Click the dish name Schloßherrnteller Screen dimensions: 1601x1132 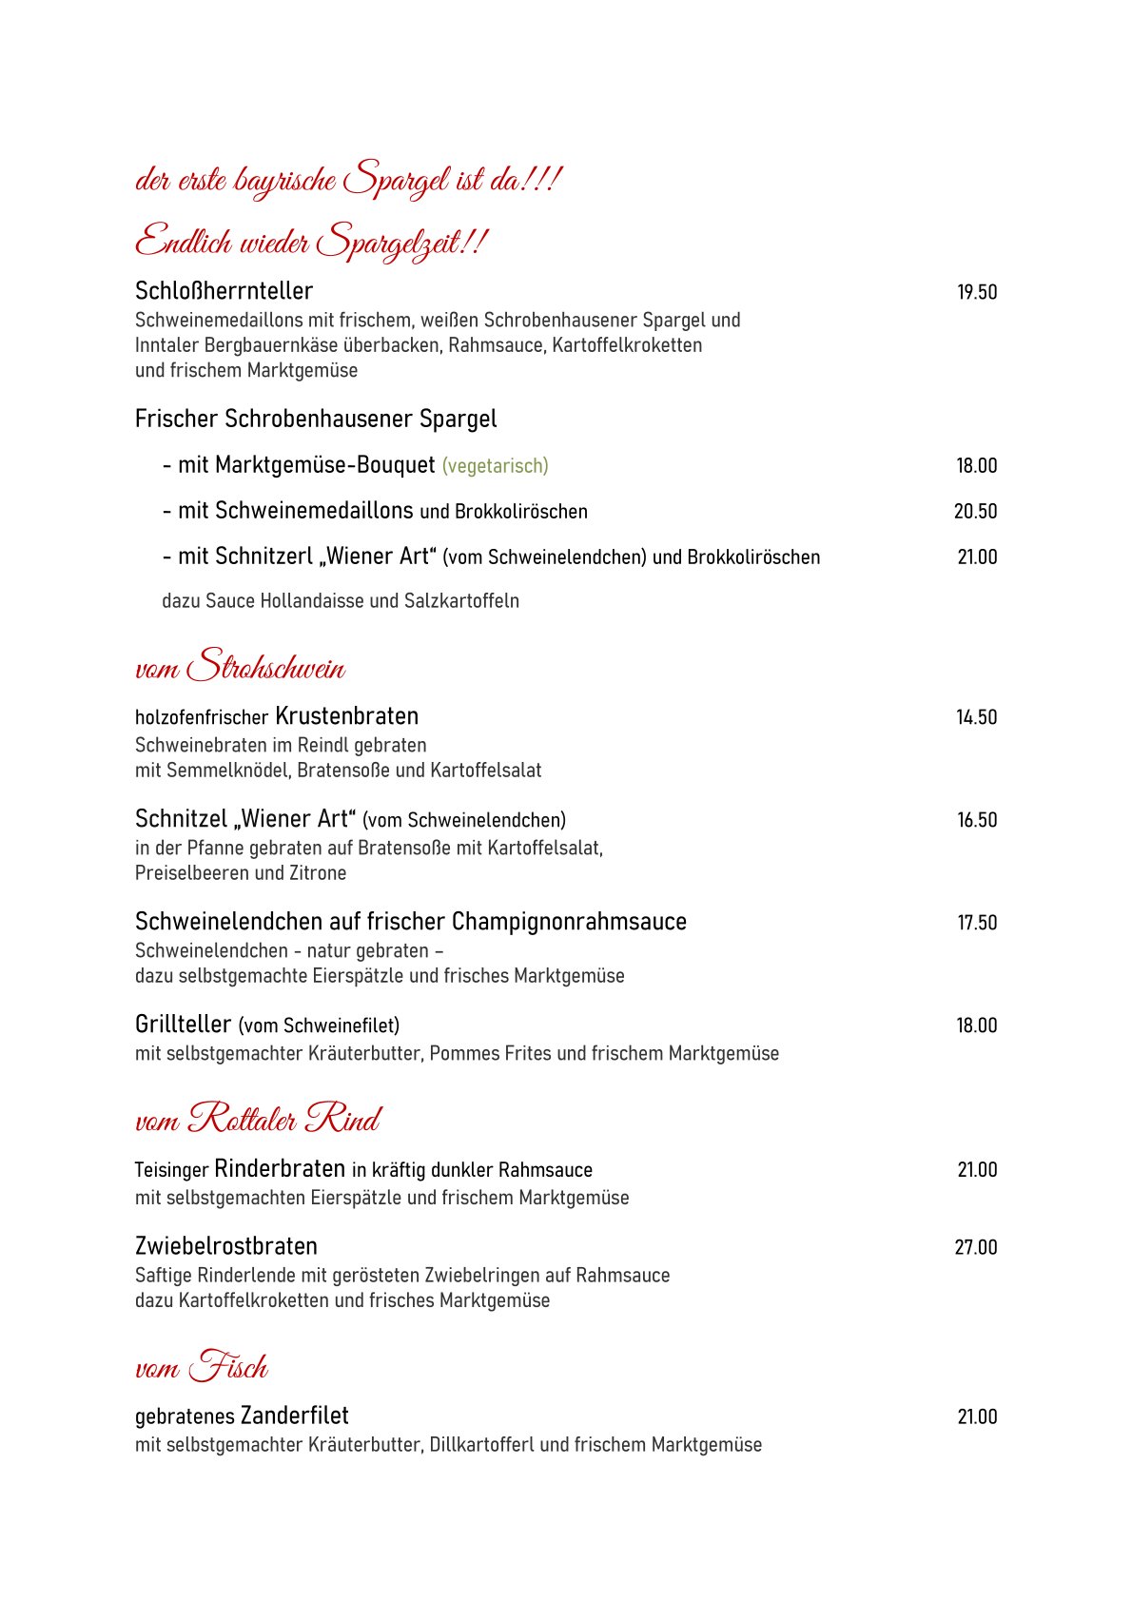pos(224,291)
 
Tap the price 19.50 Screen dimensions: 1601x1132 pos(977,293)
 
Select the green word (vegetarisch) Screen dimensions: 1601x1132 pos(495,466)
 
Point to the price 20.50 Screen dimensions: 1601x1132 pos(976,512)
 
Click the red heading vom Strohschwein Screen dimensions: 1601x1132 pos(240,666)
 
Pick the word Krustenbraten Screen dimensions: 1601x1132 pos(346,716)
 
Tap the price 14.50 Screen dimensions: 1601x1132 pos(977,718)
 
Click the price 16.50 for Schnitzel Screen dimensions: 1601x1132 pos(977,821)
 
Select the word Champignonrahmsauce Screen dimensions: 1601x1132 pos(569,922)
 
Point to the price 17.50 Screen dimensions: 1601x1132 pos(977,924)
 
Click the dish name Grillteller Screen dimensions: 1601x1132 pos(184,1025)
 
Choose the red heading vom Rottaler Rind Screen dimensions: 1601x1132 pos(258,1119)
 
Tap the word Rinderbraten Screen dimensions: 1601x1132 pos(280,1169)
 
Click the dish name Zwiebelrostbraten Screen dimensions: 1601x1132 pos(226,1246)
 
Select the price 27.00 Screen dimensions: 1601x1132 pos(976,1248)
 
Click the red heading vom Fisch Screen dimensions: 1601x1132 pos(202,1367)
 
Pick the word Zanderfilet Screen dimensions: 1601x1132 pos(295,1416)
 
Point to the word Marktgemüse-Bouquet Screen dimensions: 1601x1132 pos(325,465)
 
